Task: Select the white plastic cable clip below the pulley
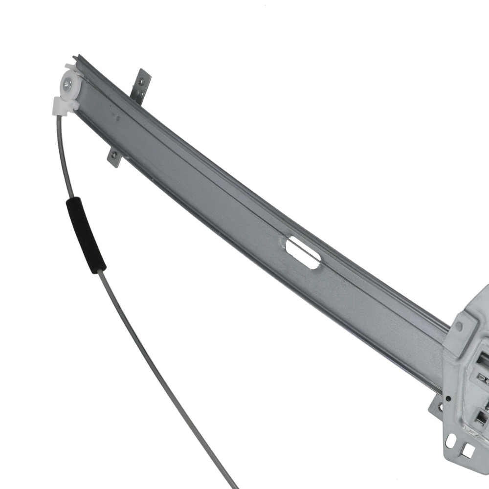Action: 63,105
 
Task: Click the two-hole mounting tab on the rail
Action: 141,86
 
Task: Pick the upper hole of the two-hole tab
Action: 142,76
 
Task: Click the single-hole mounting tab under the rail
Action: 115,157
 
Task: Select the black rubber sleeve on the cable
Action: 86,234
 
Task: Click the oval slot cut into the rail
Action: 303,252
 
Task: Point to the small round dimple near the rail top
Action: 116,116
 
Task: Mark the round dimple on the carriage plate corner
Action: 459,325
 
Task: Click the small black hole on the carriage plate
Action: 448,399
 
